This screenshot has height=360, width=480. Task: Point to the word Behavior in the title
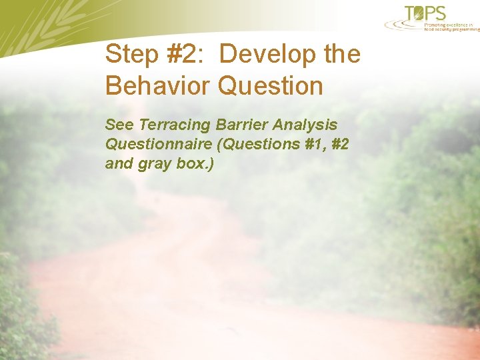pos(157,86)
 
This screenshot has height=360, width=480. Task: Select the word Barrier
pos(245,125)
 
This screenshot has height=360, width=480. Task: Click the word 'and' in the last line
pos(119,163)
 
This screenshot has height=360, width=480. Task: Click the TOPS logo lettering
pos(425,13)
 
